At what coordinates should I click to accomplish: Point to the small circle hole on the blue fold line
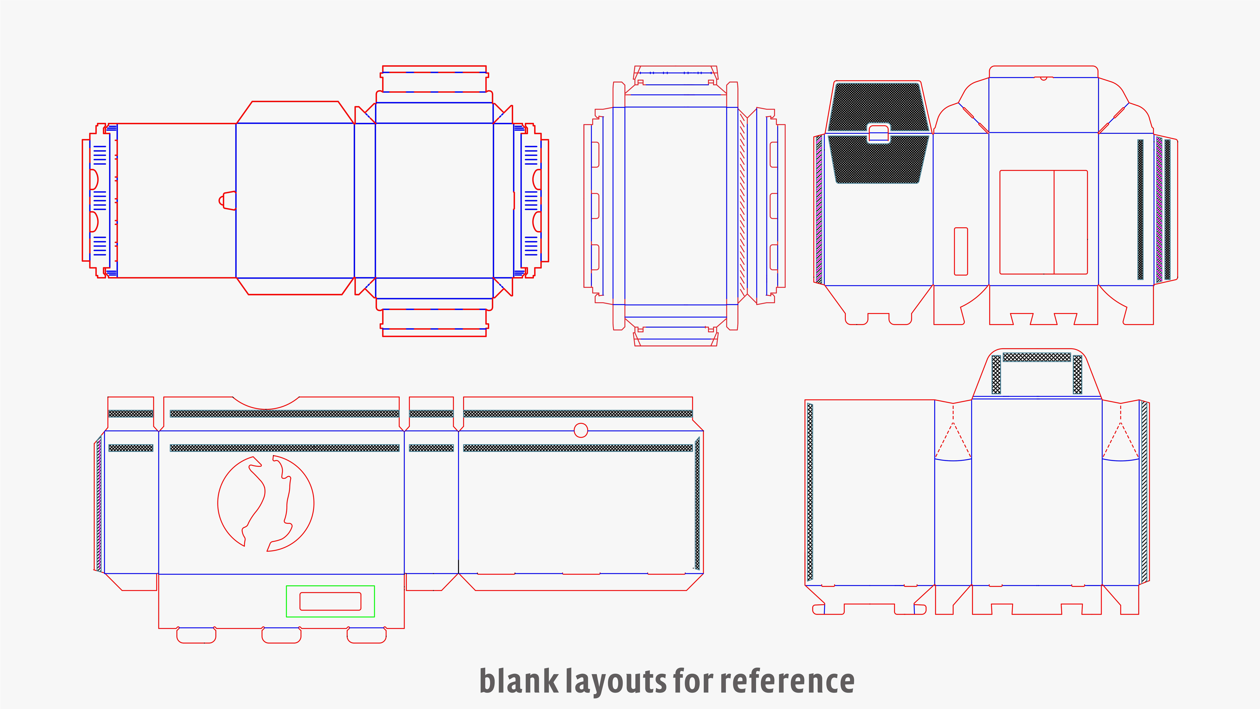click(581, 431)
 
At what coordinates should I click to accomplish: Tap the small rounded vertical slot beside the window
click(961, 251)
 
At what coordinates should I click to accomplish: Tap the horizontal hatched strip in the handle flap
click(1036, 357)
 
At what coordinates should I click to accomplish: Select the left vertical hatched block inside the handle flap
click(996, 374)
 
